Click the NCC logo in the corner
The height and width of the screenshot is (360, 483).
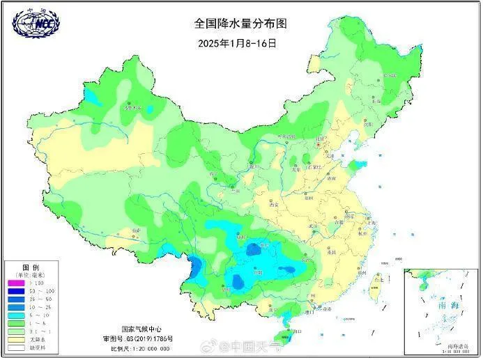point(36,23)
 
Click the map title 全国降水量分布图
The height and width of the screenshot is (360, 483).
point(240,23)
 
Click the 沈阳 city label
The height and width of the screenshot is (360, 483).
point(369,124)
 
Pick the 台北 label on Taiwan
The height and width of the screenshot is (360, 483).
point(379,279)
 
